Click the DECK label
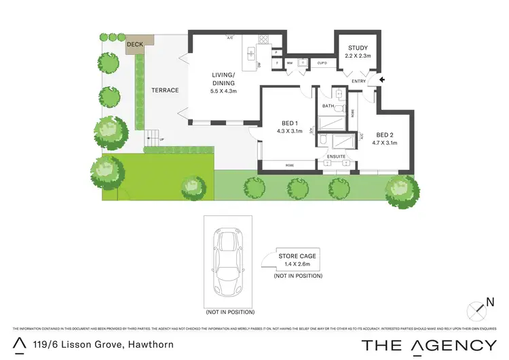pos(135,46)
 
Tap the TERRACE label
pos(165,90)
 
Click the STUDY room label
pos(358,48)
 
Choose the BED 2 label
pos(385,134)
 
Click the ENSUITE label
pos(337,157)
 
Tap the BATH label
pos(328,107)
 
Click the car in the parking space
pos(229,260)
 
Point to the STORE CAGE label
pos(297,256)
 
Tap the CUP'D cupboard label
pos(322,63)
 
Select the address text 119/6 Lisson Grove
pos(102,345)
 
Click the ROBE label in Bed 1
pos(289,165)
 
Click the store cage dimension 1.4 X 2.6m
pos(297,264)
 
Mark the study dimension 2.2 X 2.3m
pos(358,55)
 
